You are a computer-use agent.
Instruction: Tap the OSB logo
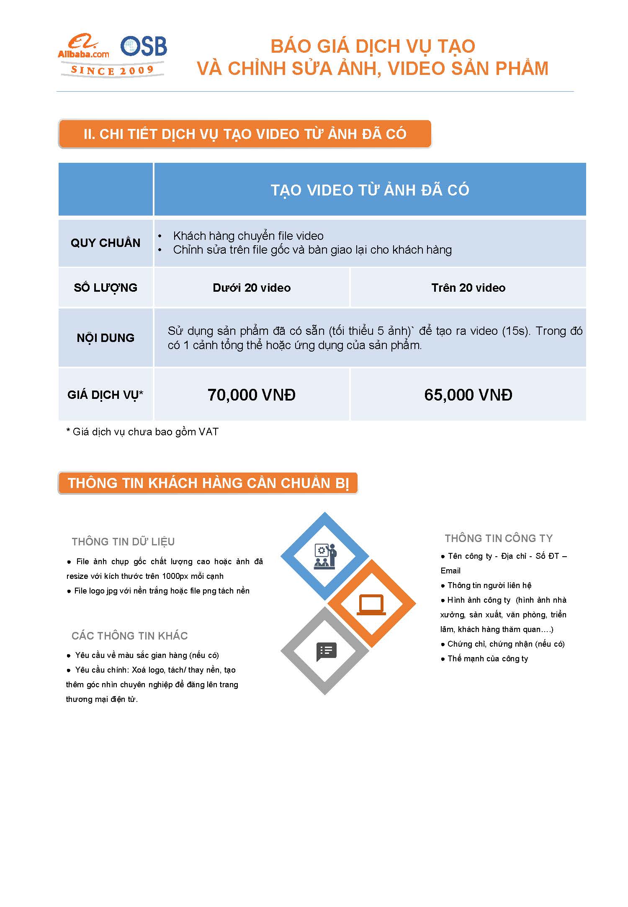[x=144, y=46]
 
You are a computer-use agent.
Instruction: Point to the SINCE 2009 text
[x=112, y=70]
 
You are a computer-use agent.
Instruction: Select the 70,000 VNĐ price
[x=252, y=395]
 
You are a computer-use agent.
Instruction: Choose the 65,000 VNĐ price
[x=468, y=395]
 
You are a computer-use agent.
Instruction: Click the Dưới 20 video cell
[x=252, y=288]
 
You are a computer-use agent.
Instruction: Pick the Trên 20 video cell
[x=468, y=288]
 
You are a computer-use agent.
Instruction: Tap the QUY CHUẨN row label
[x=106, y=243]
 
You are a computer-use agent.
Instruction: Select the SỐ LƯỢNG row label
[x=106, y=288]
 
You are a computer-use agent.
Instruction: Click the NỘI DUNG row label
[x=106, y=338]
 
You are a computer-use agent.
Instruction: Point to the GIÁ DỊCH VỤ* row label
[x=106, y=395]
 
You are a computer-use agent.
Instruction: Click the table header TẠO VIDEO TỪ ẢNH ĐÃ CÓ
[x=370, y=190]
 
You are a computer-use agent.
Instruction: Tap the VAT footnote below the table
[x=142, y=432]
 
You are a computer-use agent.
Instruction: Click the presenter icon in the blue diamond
[x=325, y=556]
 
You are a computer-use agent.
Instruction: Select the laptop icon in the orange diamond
[x=371, y=604]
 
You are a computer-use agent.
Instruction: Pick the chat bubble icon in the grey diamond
[x=326, y=651]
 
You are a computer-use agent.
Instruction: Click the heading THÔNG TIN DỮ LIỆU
[x=123, y=542]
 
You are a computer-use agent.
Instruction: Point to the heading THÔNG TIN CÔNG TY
[x=499, y=538]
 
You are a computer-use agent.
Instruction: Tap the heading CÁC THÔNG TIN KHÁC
[x=129, y=636]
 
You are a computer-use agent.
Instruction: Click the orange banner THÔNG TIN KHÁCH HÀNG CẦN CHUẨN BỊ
[x=208, y=483]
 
